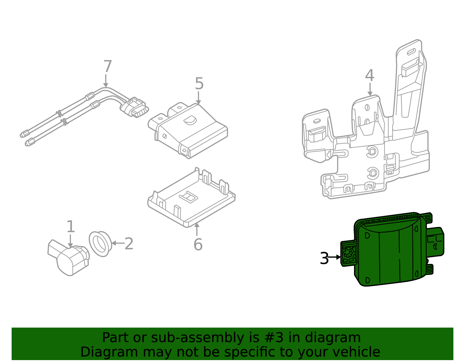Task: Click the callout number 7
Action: [108, 67]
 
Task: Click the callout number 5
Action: [199, 84]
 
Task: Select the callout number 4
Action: [369, 76]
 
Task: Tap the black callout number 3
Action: [324, 258]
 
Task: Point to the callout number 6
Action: [198, 244]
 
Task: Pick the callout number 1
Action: [71, 227]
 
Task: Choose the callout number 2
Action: [129, 244]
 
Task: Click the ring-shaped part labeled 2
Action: [100, 244]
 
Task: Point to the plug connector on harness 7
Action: [135, 108]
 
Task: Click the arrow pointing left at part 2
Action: [118, 243]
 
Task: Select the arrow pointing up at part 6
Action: [197, 229]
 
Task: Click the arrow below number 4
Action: [370, 89]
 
